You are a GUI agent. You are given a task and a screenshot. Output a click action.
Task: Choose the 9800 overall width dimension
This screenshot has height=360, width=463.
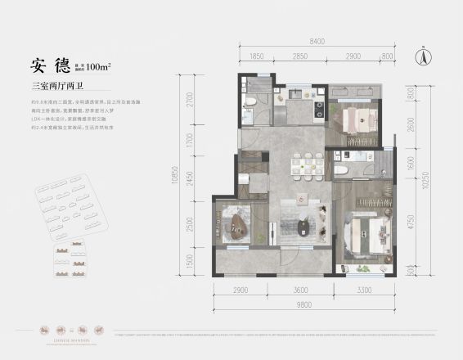[307, 303]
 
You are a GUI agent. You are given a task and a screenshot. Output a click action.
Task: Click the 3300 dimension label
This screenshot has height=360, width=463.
[364, 290]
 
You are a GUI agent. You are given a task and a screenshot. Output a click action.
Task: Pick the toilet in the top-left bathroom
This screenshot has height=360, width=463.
[252, 101]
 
